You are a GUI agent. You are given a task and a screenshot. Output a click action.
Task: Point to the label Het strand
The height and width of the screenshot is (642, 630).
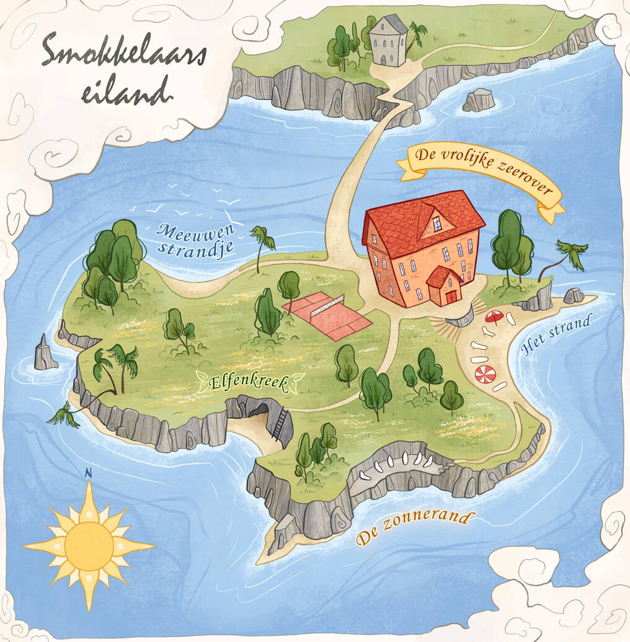click(x=556, y=335)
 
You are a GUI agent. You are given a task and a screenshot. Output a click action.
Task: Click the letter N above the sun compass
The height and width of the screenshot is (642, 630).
click(x=88, y=473)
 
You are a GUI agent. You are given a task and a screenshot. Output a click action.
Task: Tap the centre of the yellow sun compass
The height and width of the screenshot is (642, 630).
click(x=89, y=545)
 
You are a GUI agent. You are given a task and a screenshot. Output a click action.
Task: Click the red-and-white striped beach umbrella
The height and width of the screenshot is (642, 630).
click(x=485, y=375)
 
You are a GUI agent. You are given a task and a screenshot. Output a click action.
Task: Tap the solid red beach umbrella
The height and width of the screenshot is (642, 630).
click(x=494, y=317)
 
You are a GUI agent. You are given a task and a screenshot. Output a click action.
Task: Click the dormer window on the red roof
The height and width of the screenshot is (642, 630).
click(x=437, y=223)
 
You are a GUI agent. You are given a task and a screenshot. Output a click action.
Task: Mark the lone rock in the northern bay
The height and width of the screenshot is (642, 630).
click(x=479, y=100)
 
